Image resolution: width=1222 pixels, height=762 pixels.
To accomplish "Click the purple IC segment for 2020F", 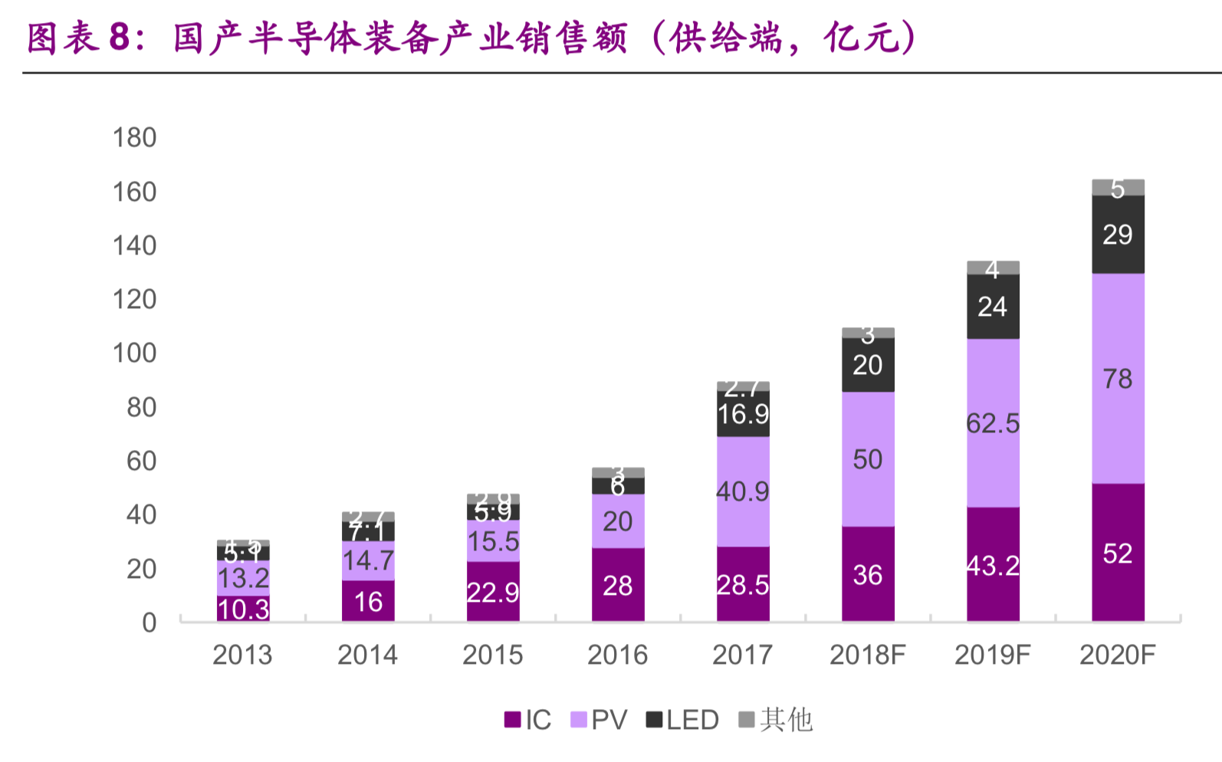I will [x=1118, y=553].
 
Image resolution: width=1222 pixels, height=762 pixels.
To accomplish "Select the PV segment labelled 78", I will [x=1118, y=379].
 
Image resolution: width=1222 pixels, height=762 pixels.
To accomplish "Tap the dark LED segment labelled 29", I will [x=1118, y=235].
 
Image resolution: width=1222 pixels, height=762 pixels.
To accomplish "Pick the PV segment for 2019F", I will [x=993, y=423].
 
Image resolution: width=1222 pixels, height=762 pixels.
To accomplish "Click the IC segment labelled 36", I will [x=868, y=574].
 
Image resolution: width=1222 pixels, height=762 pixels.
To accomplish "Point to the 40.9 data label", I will [x=742, y=491].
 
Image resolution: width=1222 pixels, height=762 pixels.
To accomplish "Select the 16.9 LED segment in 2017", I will [x=743, y=414].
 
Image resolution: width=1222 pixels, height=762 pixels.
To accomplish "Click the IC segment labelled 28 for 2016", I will [x=618, y=585].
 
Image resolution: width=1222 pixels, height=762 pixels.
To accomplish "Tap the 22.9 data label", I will [x=493, y=592].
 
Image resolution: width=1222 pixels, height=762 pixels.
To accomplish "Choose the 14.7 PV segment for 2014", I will [x=368, y=560].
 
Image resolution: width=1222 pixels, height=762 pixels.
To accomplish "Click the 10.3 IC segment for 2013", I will [x=243, y=609].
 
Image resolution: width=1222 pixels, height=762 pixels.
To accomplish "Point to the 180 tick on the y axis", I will [x=134, y=138].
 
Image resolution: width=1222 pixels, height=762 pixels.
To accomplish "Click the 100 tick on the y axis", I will [x=134, y=353].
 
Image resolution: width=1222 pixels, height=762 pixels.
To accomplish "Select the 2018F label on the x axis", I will [x=868, y=655].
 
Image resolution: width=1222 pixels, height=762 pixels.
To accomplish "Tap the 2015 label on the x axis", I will [x=493, y=655].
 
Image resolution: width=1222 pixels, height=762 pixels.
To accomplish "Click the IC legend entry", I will [x=528, y=720].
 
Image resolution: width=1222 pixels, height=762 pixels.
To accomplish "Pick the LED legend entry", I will [x=682, y=720].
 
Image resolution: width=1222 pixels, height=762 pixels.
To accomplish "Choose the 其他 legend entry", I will [x=775, y=720].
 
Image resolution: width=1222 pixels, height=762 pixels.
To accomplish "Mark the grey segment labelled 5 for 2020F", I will [x=1118, y=188].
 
